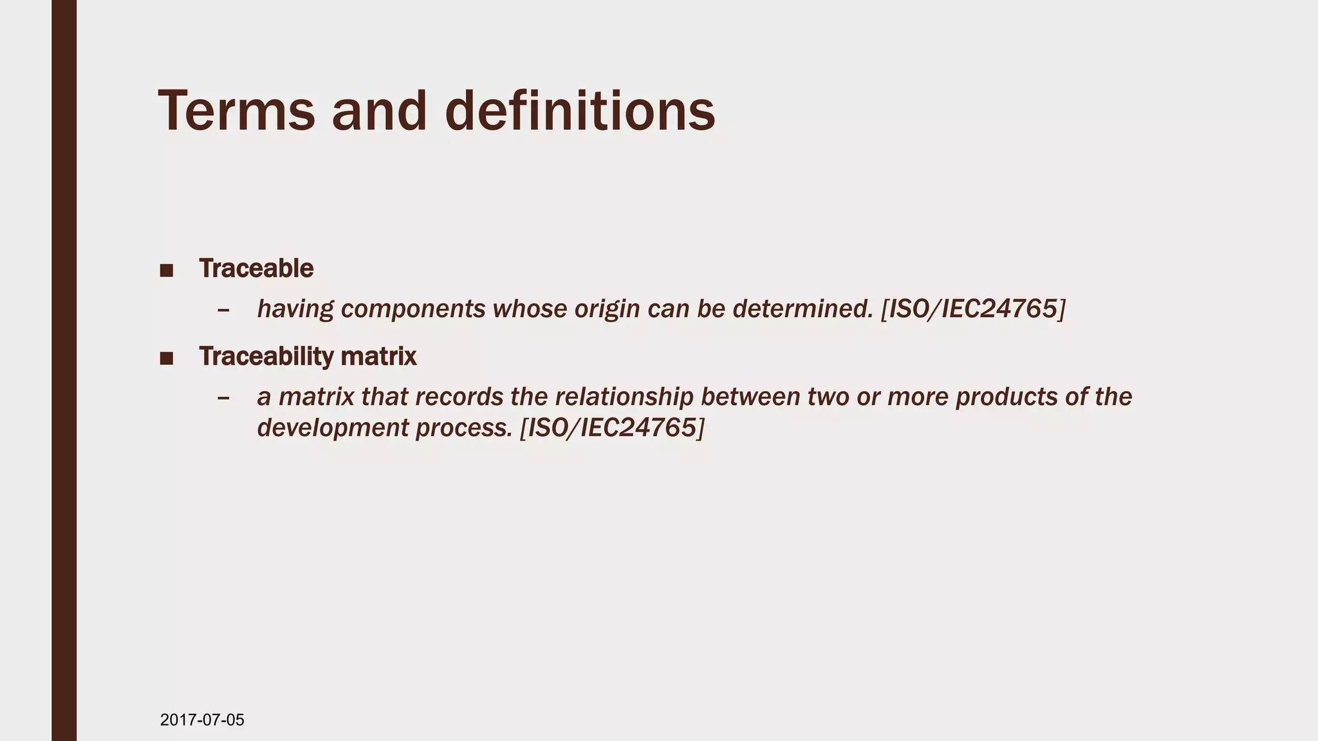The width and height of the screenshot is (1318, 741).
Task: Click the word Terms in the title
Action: (x=237, y=111)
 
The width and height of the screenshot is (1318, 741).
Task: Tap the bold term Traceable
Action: (x=256, y=268)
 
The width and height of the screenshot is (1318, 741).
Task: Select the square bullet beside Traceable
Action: (x=167, y=270)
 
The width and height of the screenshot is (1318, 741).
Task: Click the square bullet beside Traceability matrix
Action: (x=167, y=358)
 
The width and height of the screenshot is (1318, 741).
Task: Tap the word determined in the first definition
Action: (x=803, y=309)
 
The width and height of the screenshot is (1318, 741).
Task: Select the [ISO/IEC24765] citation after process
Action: (x=612, y=428)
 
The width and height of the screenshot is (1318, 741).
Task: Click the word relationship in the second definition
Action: (x=624, y=397)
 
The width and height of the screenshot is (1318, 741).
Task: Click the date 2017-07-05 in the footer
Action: (x=202, y=720)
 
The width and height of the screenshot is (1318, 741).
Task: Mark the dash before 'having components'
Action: (x=223, y=311)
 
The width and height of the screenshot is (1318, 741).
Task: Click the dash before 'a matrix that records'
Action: (x=223, y=398)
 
